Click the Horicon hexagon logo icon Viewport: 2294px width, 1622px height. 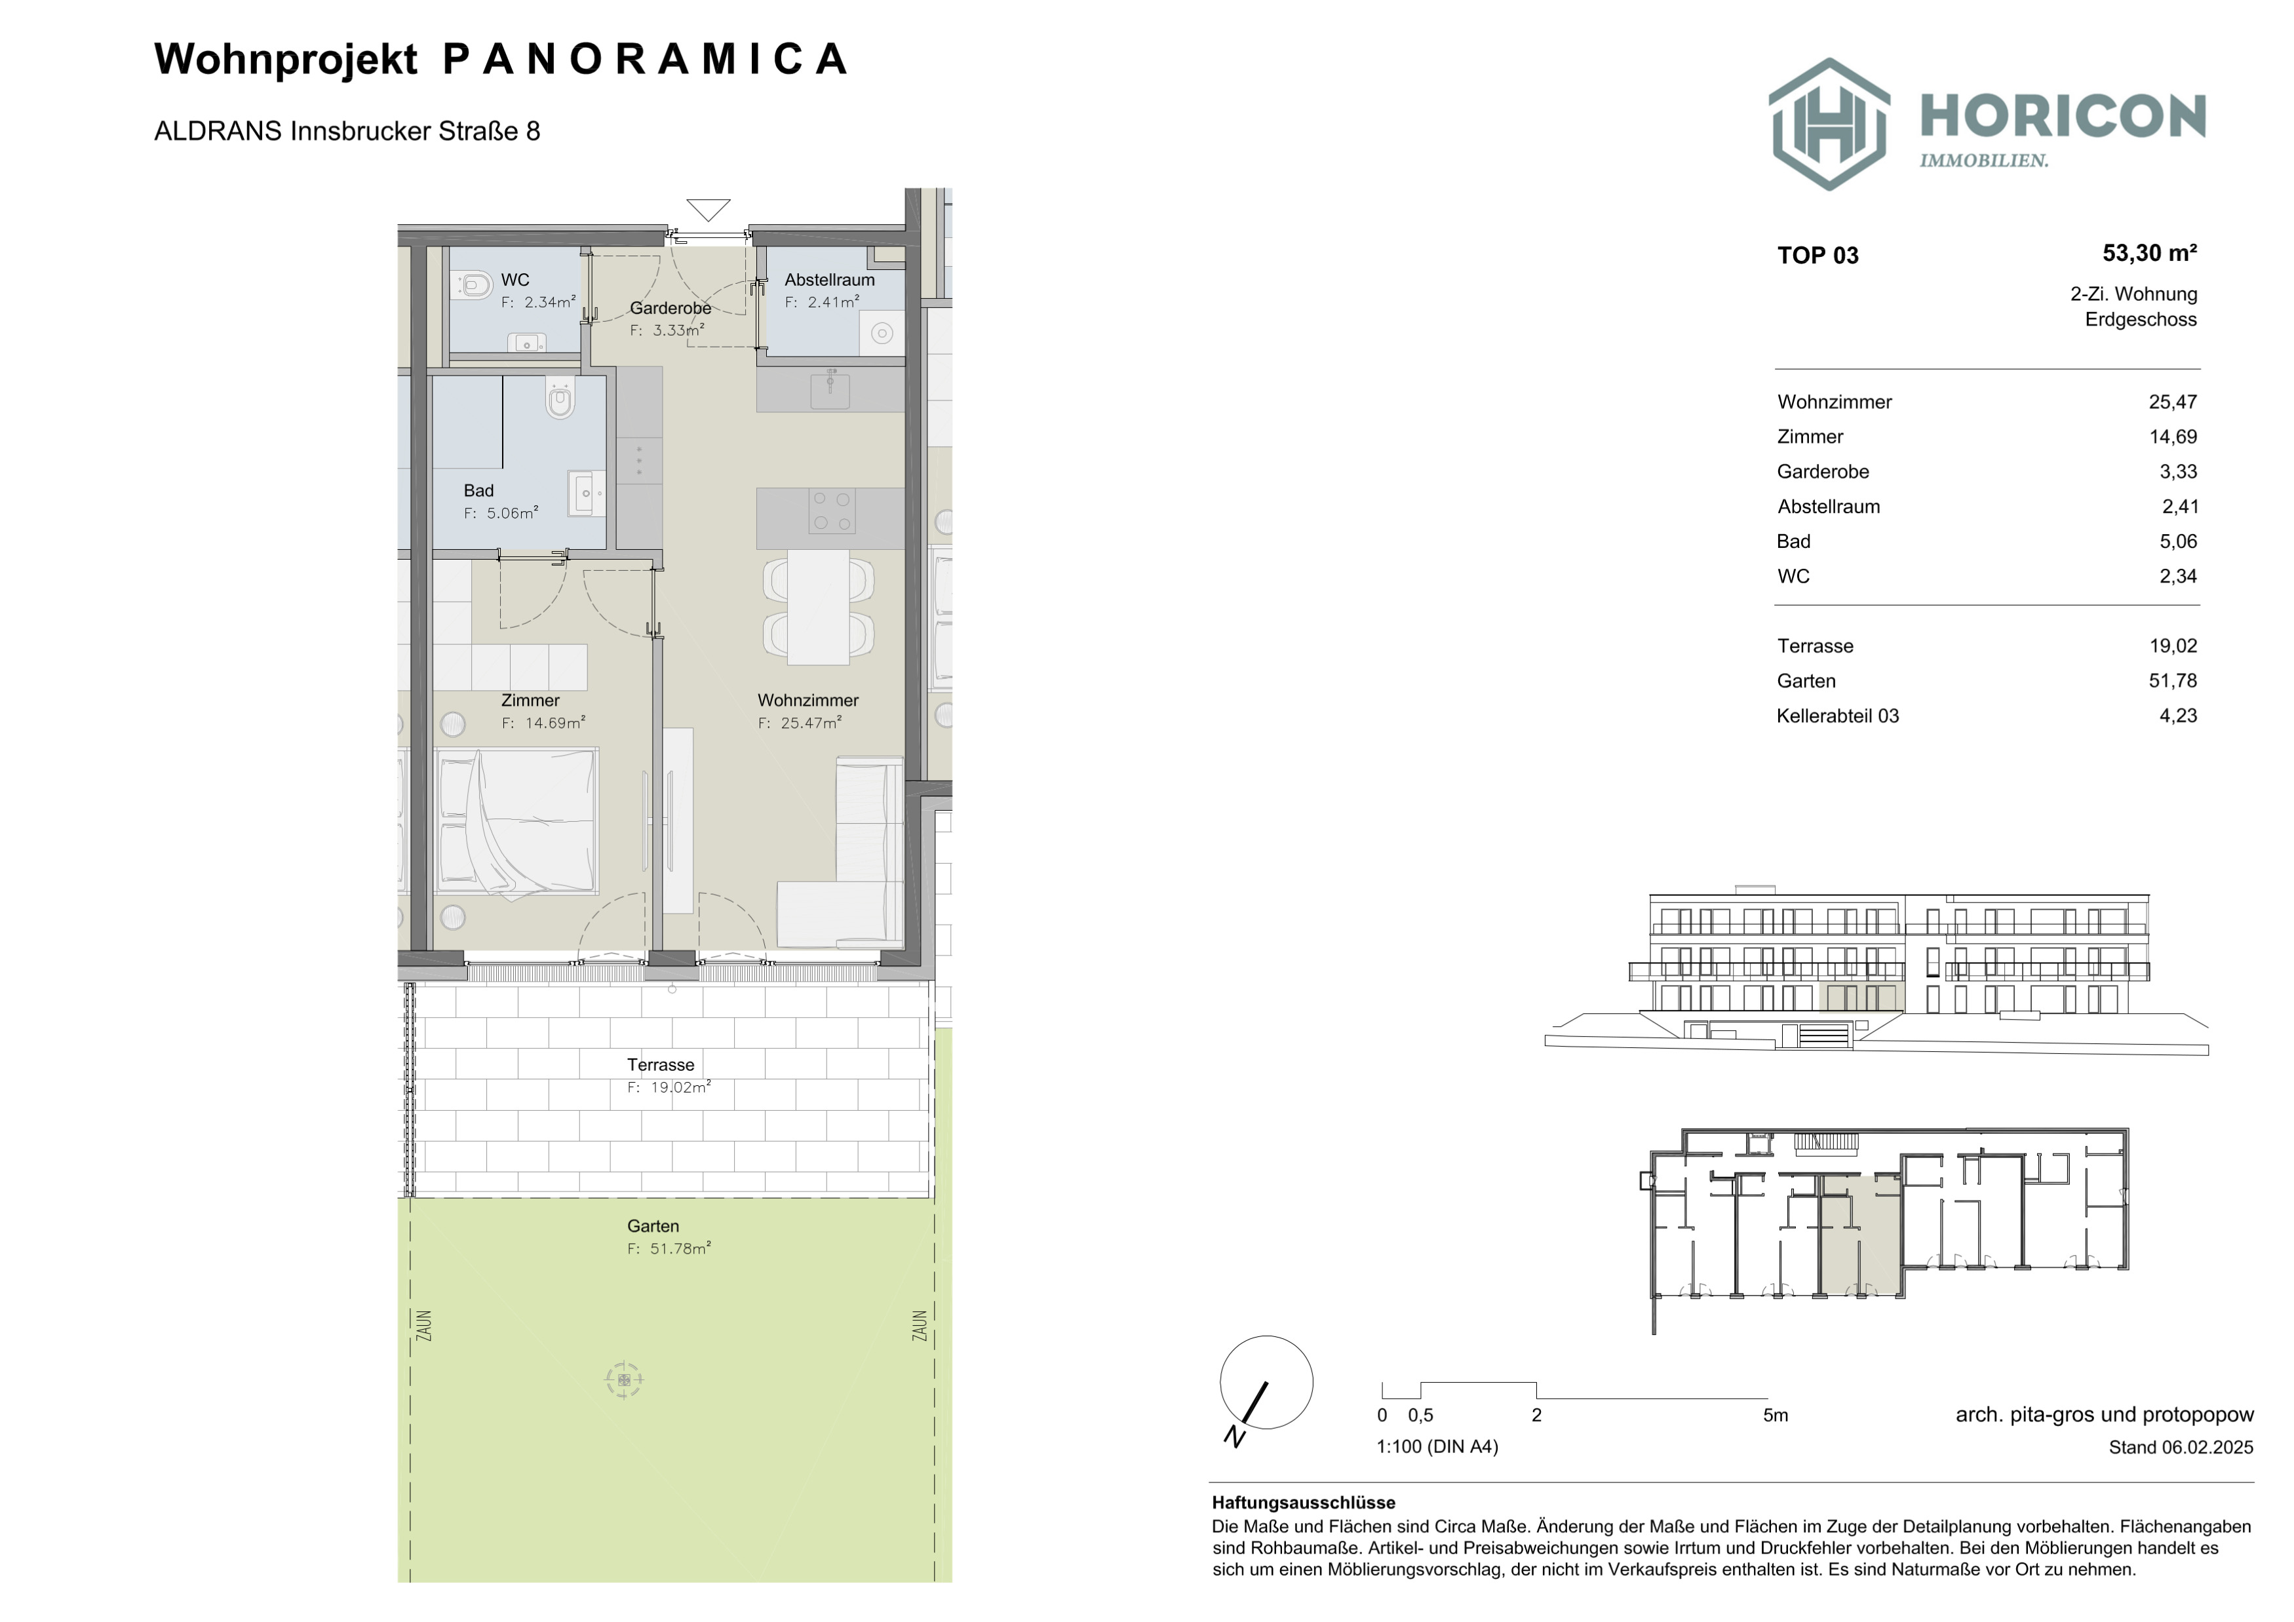1829,124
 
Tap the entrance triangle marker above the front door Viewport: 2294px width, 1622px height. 709,210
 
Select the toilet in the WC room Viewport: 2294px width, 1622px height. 475,286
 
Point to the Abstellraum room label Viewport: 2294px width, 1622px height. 829,280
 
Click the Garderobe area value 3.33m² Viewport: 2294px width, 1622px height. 667,330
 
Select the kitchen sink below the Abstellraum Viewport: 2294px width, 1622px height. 829,389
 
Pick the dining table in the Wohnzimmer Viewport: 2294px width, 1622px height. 818,606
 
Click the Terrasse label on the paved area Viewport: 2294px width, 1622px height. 661,1065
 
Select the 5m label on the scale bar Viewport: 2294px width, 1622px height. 1776,1416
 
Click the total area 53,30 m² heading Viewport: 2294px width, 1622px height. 2149,254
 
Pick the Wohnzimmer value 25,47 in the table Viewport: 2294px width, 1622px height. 2173,402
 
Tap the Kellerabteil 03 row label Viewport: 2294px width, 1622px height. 1837,716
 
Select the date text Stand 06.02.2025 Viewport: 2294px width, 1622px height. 2181,1447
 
